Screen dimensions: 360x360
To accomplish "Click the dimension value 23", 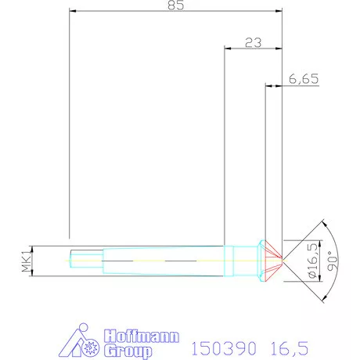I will [253, 43].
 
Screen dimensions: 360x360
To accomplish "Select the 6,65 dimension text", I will [303, 79].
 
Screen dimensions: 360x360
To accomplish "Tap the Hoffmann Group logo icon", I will [77, 343].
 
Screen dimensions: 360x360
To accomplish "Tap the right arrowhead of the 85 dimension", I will [279, 12].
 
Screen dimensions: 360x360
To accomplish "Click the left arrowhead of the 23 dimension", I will [228, 49].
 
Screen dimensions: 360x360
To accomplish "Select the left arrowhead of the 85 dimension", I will [73, 12].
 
